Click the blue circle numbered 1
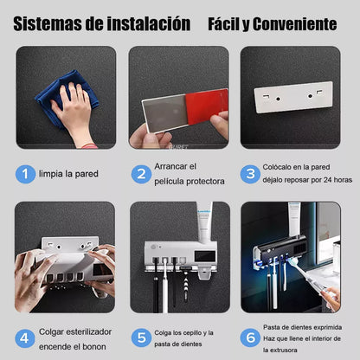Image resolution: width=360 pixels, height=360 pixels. (27, 174)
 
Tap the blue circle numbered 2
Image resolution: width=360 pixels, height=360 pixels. (142, 174)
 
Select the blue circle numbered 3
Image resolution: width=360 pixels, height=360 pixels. (250, 174)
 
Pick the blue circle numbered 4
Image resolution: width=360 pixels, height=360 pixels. (27, 337)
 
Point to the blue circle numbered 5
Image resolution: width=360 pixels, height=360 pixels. (142, 337)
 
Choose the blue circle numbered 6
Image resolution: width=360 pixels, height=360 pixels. (250, 337)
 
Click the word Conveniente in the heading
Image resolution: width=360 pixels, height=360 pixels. (295, 22)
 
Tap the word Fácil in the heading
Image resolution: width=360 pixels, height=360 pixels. (226, 22)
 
